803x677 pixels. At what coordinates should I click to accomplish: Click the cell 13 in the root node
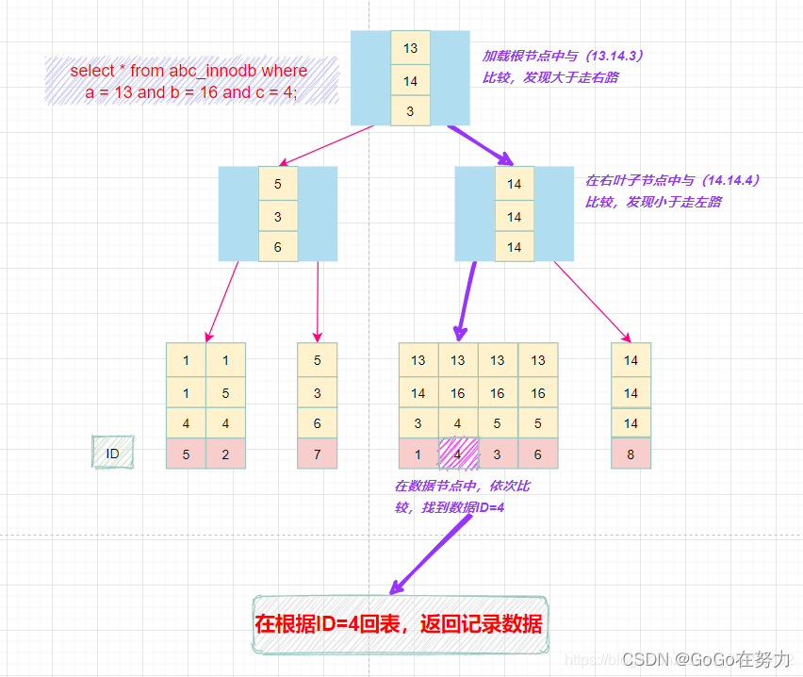click(410, 48)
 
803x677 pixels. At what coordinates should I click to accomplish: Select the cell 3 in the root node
click(410, 111)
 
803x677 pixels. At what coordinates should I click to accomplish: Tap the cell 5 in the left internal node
click(278, 184)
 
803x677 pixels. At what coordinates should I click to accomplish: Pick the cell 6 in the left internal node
click(278, 247)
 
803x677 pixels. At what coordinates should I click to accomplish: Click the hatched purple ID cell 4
click(458, 454)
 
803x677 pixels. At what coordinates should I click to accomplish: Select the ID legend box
click(113, 454)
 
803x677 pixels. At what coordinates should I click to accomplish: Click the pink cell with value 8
click(631, 454)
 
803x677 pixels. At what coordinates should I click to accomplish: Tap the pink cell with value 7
click(317, 454)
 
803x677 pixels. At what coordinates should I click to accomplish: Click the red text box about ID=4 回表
click(399, 623)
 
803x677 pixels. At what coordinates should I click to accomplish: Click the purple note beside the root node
click(550, 66)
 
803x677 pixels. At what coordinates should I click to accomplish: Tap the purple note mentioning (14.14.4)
click(672, 190)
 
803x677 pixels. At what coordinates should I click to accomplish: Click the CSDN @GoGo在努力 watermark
click(707, 658)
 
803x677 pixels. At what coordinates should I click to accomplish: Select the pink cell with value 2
click(225, 454)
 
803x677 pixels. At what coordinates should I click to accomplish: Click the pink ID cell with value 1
click(418, 454)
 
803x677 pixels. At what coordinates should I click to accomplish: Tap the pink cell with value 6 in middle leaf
click(537, 454)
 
